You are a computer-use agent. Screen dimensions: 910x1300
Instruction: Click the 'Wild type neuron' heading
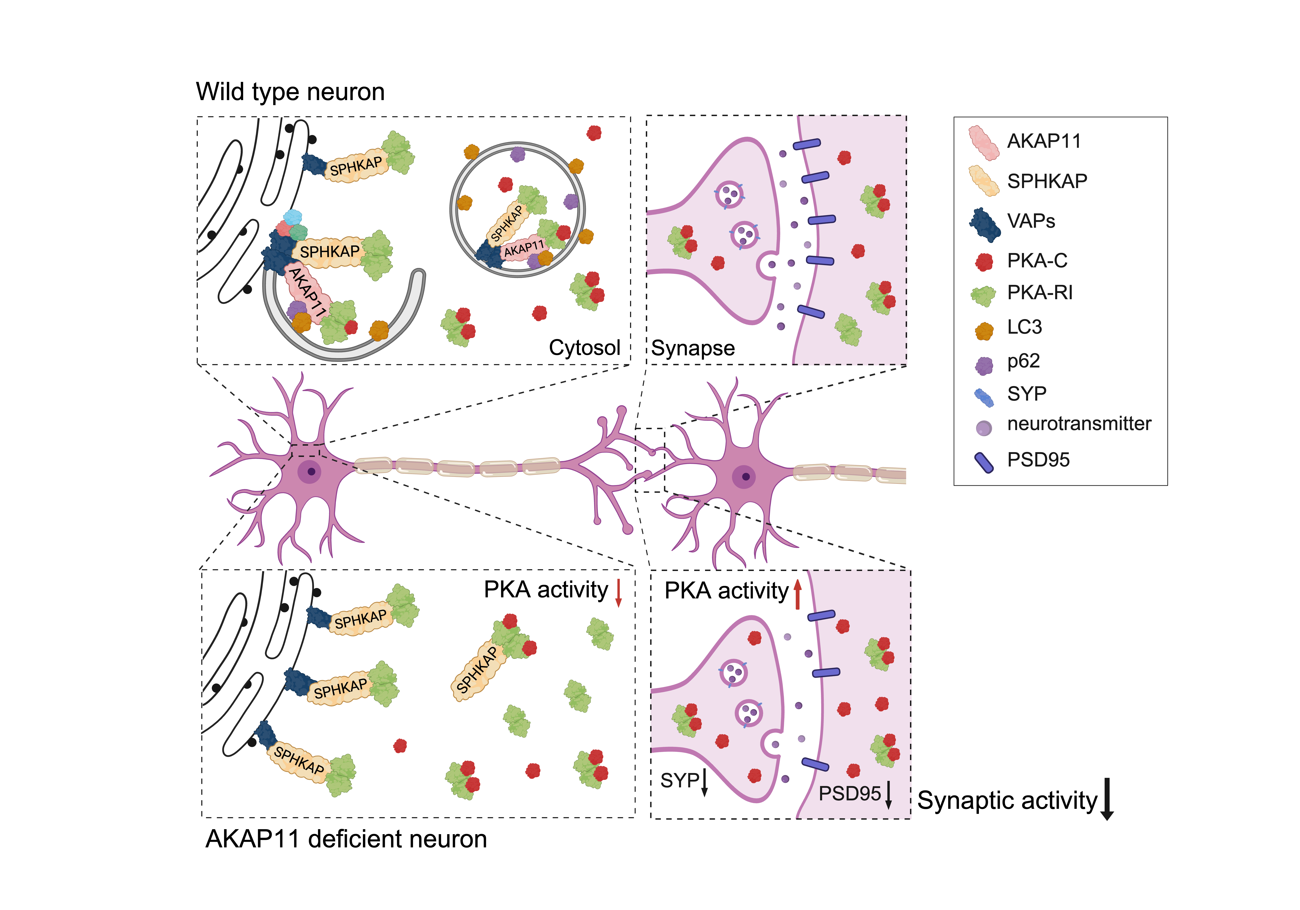pos(290,92)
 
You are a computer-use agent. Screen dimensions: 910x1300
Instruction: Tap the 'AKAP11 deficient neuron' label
pos(346,839)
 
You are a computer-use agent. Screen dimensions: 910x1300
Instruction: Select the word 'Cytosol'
pos(584,347)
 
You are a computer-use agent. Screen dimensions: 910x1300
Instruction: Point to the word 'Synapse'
pos(692,348)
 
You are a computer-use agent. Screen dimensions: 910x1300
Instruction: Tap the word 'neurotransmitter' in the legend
pos(1079,424)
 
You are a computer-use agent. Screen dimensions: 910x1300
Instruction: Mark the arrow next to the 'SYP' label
pos(705,783)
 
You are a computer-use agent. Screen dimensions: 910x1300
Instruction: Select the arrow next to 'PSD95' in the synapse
pos(888,794)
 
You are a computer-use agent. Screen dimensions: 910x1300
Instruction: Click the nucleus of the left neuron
pos(310,471)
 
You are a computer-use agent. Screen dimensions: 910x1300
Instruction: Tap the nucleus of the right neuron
pos(745,477)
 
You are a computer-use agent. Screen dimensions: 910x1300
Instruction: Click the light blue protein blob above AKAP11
pos(293,217)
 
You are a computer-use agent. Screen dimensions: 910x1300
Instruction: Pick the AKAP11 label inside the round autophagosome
pos(524,248)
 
